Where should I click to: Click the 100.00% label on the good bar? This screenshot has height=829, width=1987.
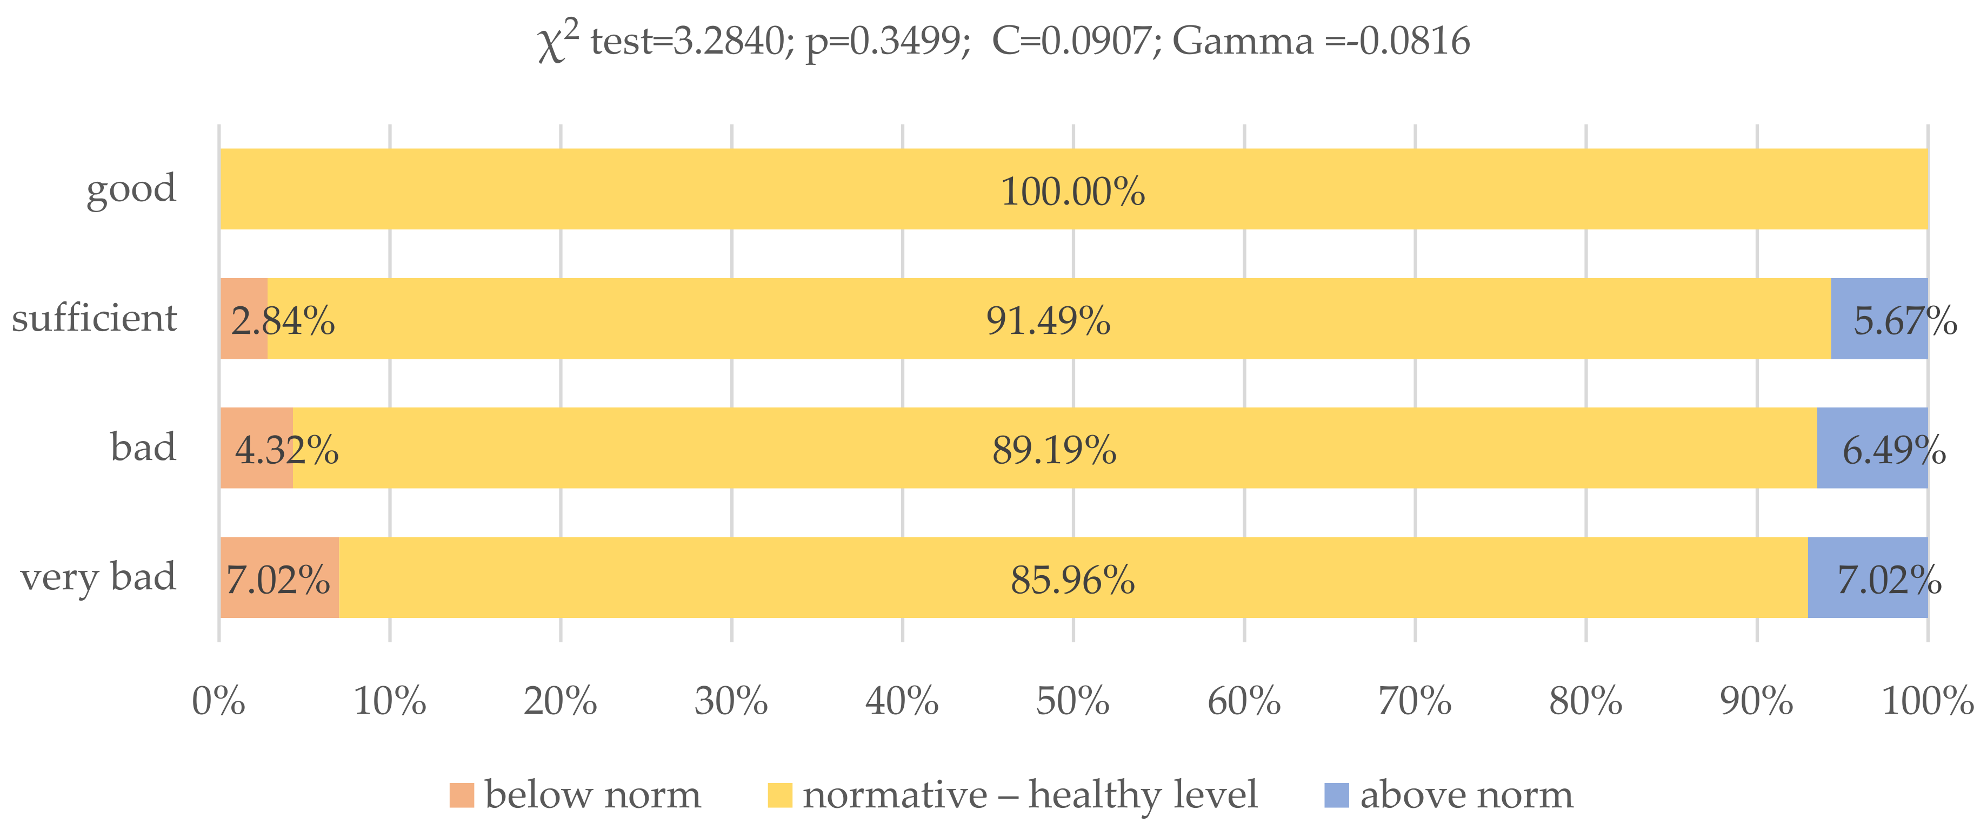1072,192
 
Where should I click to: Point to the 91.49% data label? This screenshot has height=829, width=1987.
1048,320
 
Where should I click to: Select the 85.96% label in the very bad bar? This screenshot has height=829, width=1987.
1072,580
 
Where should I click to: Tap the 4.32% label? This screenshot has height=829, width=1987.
286,450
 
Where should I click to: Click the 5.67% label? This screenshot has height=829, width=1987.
1904,320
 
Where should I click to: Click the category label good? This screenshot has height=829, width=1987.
131,188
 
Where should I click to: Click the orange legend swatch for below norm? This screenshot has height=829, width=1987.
461,795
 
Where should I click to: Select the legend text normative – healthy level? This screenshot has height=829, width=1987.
1029,795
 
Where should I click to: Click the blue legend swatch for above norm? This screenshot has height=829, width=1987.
1336,795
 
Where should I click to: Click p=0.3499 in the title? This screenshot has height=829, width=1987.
887,42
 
